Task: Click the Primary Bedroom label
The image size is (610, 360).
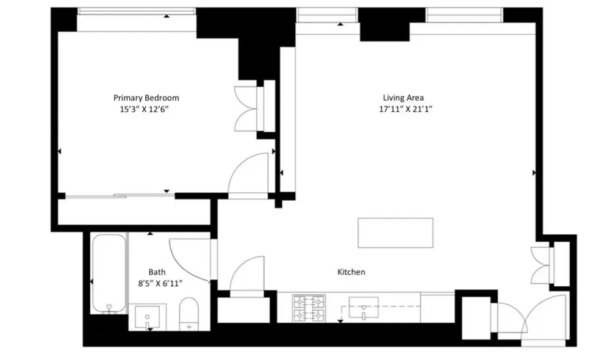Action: click(x=146, y=98)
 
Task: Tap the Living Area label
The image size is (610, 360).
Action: click(x=403, y=98)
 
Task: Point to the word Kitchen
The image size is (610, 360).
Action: click(x=351, y=272)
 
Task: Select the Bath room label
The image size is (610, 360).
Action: click(x=157, y=272)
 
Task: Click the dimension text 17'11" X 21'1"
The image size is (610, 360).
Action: click(x=406, y=109)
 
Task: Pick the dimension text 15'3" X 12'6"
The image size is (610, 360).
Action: click(x=144, y=109)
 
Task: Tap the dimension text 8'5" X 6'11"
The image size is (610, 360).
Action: click(x=160, y=283)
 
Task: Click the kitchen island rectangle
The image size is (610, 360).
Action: click(x=395, y=232)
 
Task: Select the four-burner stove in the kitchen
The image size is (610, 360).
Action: click(x=309, y=309)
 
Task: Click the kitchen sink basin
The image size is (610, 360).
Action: click(x=364, y=308)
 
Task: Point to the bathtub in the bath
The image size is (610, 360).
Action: click(x=109, y=273)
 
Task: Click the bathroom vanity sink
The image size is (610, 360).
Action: click(x=147, y=317)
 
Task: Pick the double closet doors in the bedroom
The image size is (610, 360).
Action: click(x=246, y=109)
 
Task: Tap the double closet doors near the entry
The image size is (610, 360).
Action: click(x=541, y=265)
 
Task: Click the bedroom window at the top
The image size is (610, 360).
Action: click(x=137, y=11)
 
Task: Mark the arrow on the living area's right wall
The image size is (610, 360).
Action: click(x=534, y=173)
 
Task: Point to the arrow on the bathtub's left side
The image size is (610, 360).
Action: click(x=91, y=281)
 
